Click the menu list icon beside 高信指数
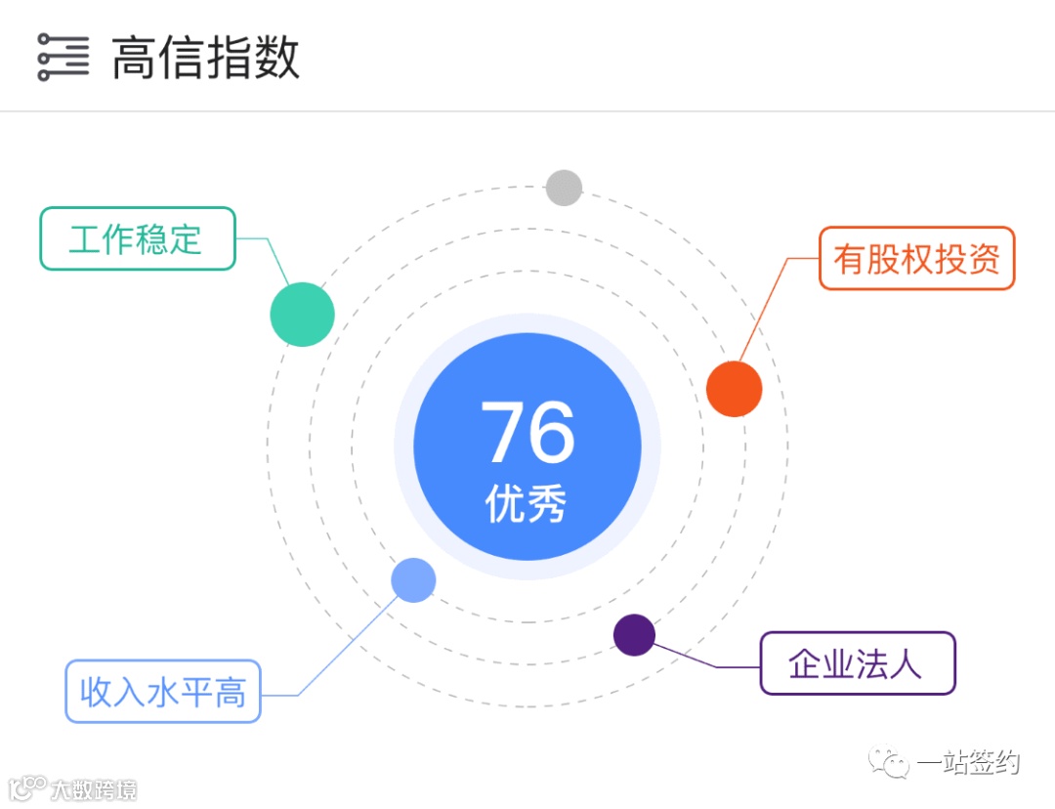[x=63, y=58]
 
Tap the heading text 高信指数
[x=205, y=58]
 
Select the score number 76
[x=527, y=434]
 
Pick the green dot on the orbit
[x=302, y=315]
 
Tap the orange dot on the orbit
[x=734, y=389]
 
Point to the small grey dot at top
[x=564, y=188]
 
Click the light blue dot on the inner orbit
[x=413, y=580]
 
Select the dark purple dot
[x=634, y=635]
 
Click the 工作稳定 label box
[x=137, y=238]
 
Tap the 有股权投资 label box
[x=916, y=259]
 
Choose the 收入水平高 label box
[x=163, y=692]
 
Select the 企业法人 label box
[x=857, y=663]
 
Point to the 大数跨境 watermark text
[x=94, y=788]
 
